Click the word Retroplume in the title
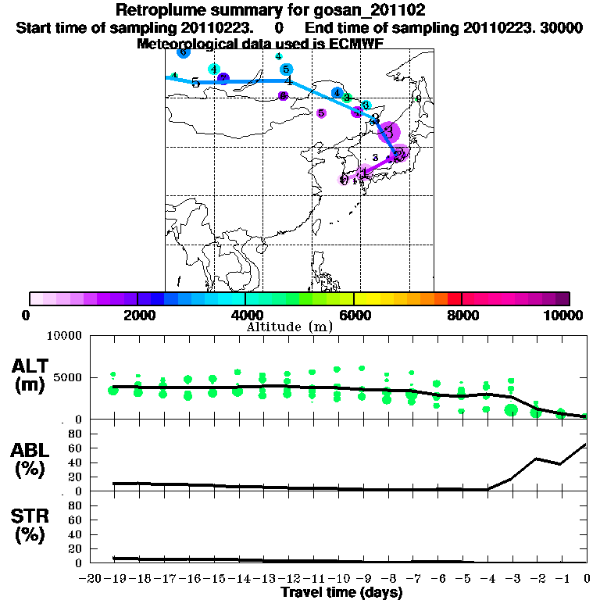(161, 11)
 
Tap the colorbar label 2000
(137, 315)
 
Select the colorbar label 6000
(354, 315)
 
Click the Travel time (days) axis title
(341, 593)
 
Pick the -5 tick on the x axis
(462, 579)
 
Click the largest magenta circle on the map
(389, 132)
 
